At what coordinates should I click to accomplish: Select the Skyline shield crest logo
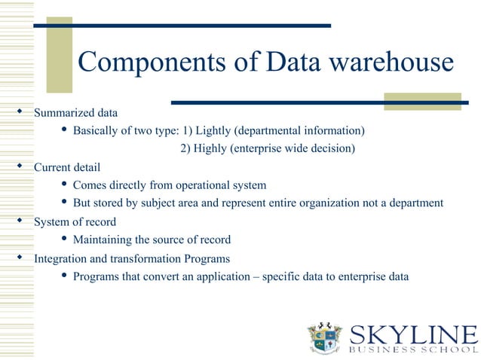point(326,337)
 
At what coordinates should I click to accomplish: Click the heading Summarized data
point(76,113)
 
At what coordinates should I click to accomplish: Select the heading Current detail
point(67,166)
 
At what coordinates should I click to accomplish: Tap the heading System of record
point(75,221)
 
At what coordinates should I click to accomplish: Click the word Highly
point(213,148)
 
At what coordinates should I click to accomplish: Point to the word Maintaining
point(103,240)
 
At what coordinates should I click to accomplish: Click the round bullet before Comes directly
point(63,185)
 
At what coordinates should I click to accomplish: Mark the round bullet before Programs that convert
point(63,276)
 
